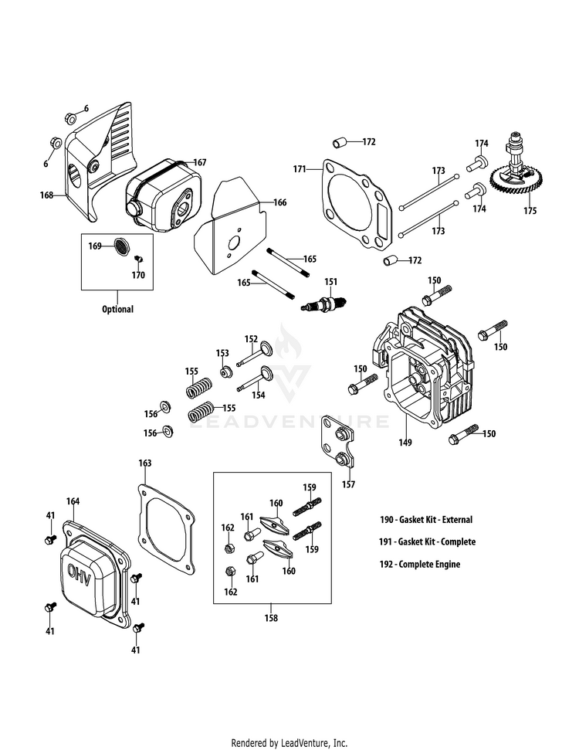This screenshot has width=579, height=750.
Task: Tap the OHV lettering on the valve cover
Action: (x=80, y=573)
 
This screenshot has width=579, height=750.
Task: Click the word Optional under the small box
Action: (x=117, y=309)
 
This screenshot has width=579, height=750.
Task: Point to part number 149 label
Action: (x=405, y=443)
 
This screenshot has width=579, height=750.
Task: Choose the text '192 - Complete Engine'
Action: (x=420, y=564)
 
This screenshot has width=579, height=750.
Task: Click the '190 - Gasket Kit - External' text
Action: (x=426, y=519)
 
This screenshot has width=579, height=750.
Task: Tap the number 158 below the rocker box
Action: (x=270, y=617)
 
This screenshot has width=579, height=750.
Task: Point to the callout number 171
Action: (x=300, y=168)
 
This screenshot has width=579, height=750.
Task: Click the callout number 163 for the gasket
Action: (x=145, y=463)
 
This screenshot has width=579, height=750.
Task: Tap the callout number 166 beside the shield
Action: (x=279, y=202)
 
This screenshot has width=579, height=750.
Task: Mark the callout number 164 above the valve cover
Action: (x=73, y=501)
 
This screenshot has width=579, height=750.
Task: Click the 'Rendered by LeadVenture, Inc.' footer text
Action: (x=289, y=743)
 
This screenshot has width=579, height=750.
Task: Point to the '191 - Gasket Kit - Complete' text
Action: (x=427, y=541)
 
